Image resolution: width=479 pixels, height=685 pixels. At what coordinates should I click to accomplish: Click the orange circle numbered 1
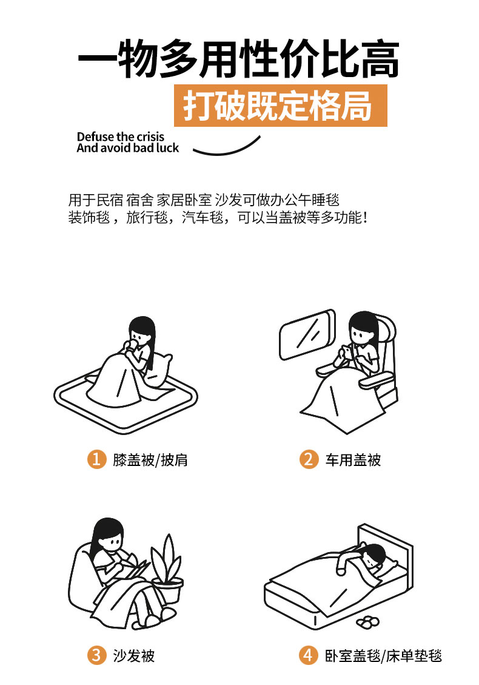(x=97, y=459)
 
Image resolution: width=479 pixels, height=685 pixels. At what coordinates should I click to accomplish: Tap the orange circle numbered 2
(x=309, y=459)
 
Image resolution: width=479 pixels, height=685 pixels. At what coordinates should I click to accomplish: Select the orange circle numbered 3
(x=97, y=655)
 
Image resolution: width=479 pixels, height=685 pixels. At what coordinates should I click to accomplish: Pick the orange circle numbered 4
(x=309, y=655)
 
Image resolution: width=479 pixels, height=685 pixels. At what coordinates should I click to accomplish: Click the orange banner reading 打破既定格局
(x=280, y=106)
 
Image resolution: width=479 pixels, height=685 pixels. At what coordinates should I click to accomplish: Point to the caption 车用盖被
(x=353, y=459)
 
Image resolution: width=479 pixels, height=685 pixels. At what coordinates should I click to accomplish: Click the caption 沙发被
(x=134, y=656)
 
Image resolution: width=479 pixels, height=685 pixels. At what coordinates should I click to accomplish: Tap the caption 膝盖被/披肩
(x=150, y=459)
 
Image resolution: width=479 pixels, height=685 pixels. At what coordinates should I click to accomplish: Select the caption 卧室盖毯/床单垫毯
(x=383, y=656)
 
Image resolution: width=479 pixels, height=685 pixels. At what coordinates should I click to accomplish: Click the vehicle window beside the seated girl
(x=307, y=335)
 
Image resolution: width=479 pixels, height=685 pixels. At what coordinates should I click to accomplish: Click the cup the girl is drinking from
(x=130, y=345)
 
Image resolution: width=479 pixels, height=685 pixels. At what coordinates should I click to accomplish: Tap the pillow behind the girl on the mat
(x=158, y=369)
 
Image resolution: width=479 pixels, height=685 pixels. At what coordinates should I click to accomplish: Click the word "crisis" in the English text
(x=150, y=137)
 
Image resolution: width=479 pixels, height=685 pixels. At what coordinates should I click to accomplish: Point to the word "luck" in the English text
(x=167, y=148)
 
